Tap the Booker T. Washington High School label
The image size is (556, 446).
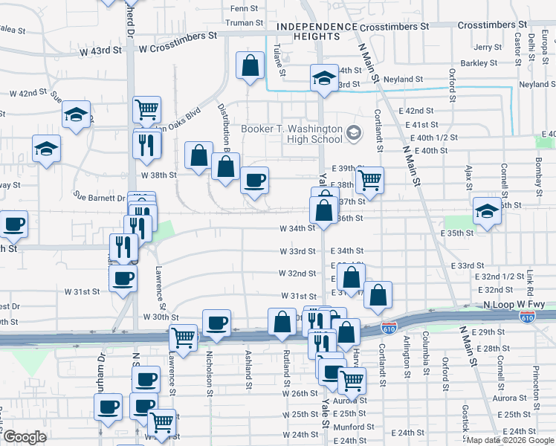[x=291, y=134]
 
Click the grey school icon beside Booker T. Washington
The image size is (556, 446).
[x=354, y=134]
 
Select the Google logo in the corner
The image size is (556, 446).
[x=24, y=437]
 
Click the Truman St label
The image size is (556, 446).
[x=240, y=22]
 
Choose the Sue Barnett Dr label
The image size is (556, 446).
[x=100, y=198]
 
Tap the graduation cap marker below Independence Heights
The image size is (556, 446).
[x=324, y=78]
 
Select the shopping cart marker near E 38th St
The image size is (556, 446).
[x=369, y=180]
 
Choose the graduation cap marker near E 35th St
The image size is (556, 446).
[x=488, y=210]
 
